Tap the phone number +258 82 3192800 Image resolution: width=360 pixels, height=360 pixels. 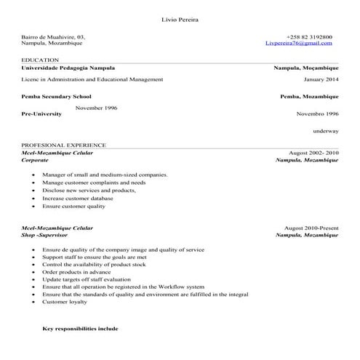tap(310, 36)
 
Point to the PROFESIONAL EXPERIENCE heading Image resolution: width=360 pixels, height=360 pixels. tap(63, 145)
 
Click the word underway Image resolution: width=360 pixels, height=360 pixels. tap(326, 131)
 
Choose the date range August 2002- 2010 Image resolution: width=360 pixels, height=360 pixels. tap(313, 153)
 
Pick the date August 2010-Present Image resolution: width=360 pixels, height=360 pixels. tap(311, 228)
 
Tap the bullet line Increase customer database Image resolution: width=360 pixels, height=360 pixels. tap(77, 198)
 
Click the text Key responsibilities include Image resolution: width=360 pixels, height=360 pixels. tap(80, 329)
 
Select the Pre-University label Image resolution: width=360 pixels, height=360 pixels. tap(42, 114)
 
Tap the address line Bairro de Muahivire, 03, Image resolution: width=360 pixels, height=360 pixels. tap(53, 36)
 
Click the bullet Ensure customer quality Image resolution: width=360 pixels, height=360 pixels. tap(73, 206)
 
